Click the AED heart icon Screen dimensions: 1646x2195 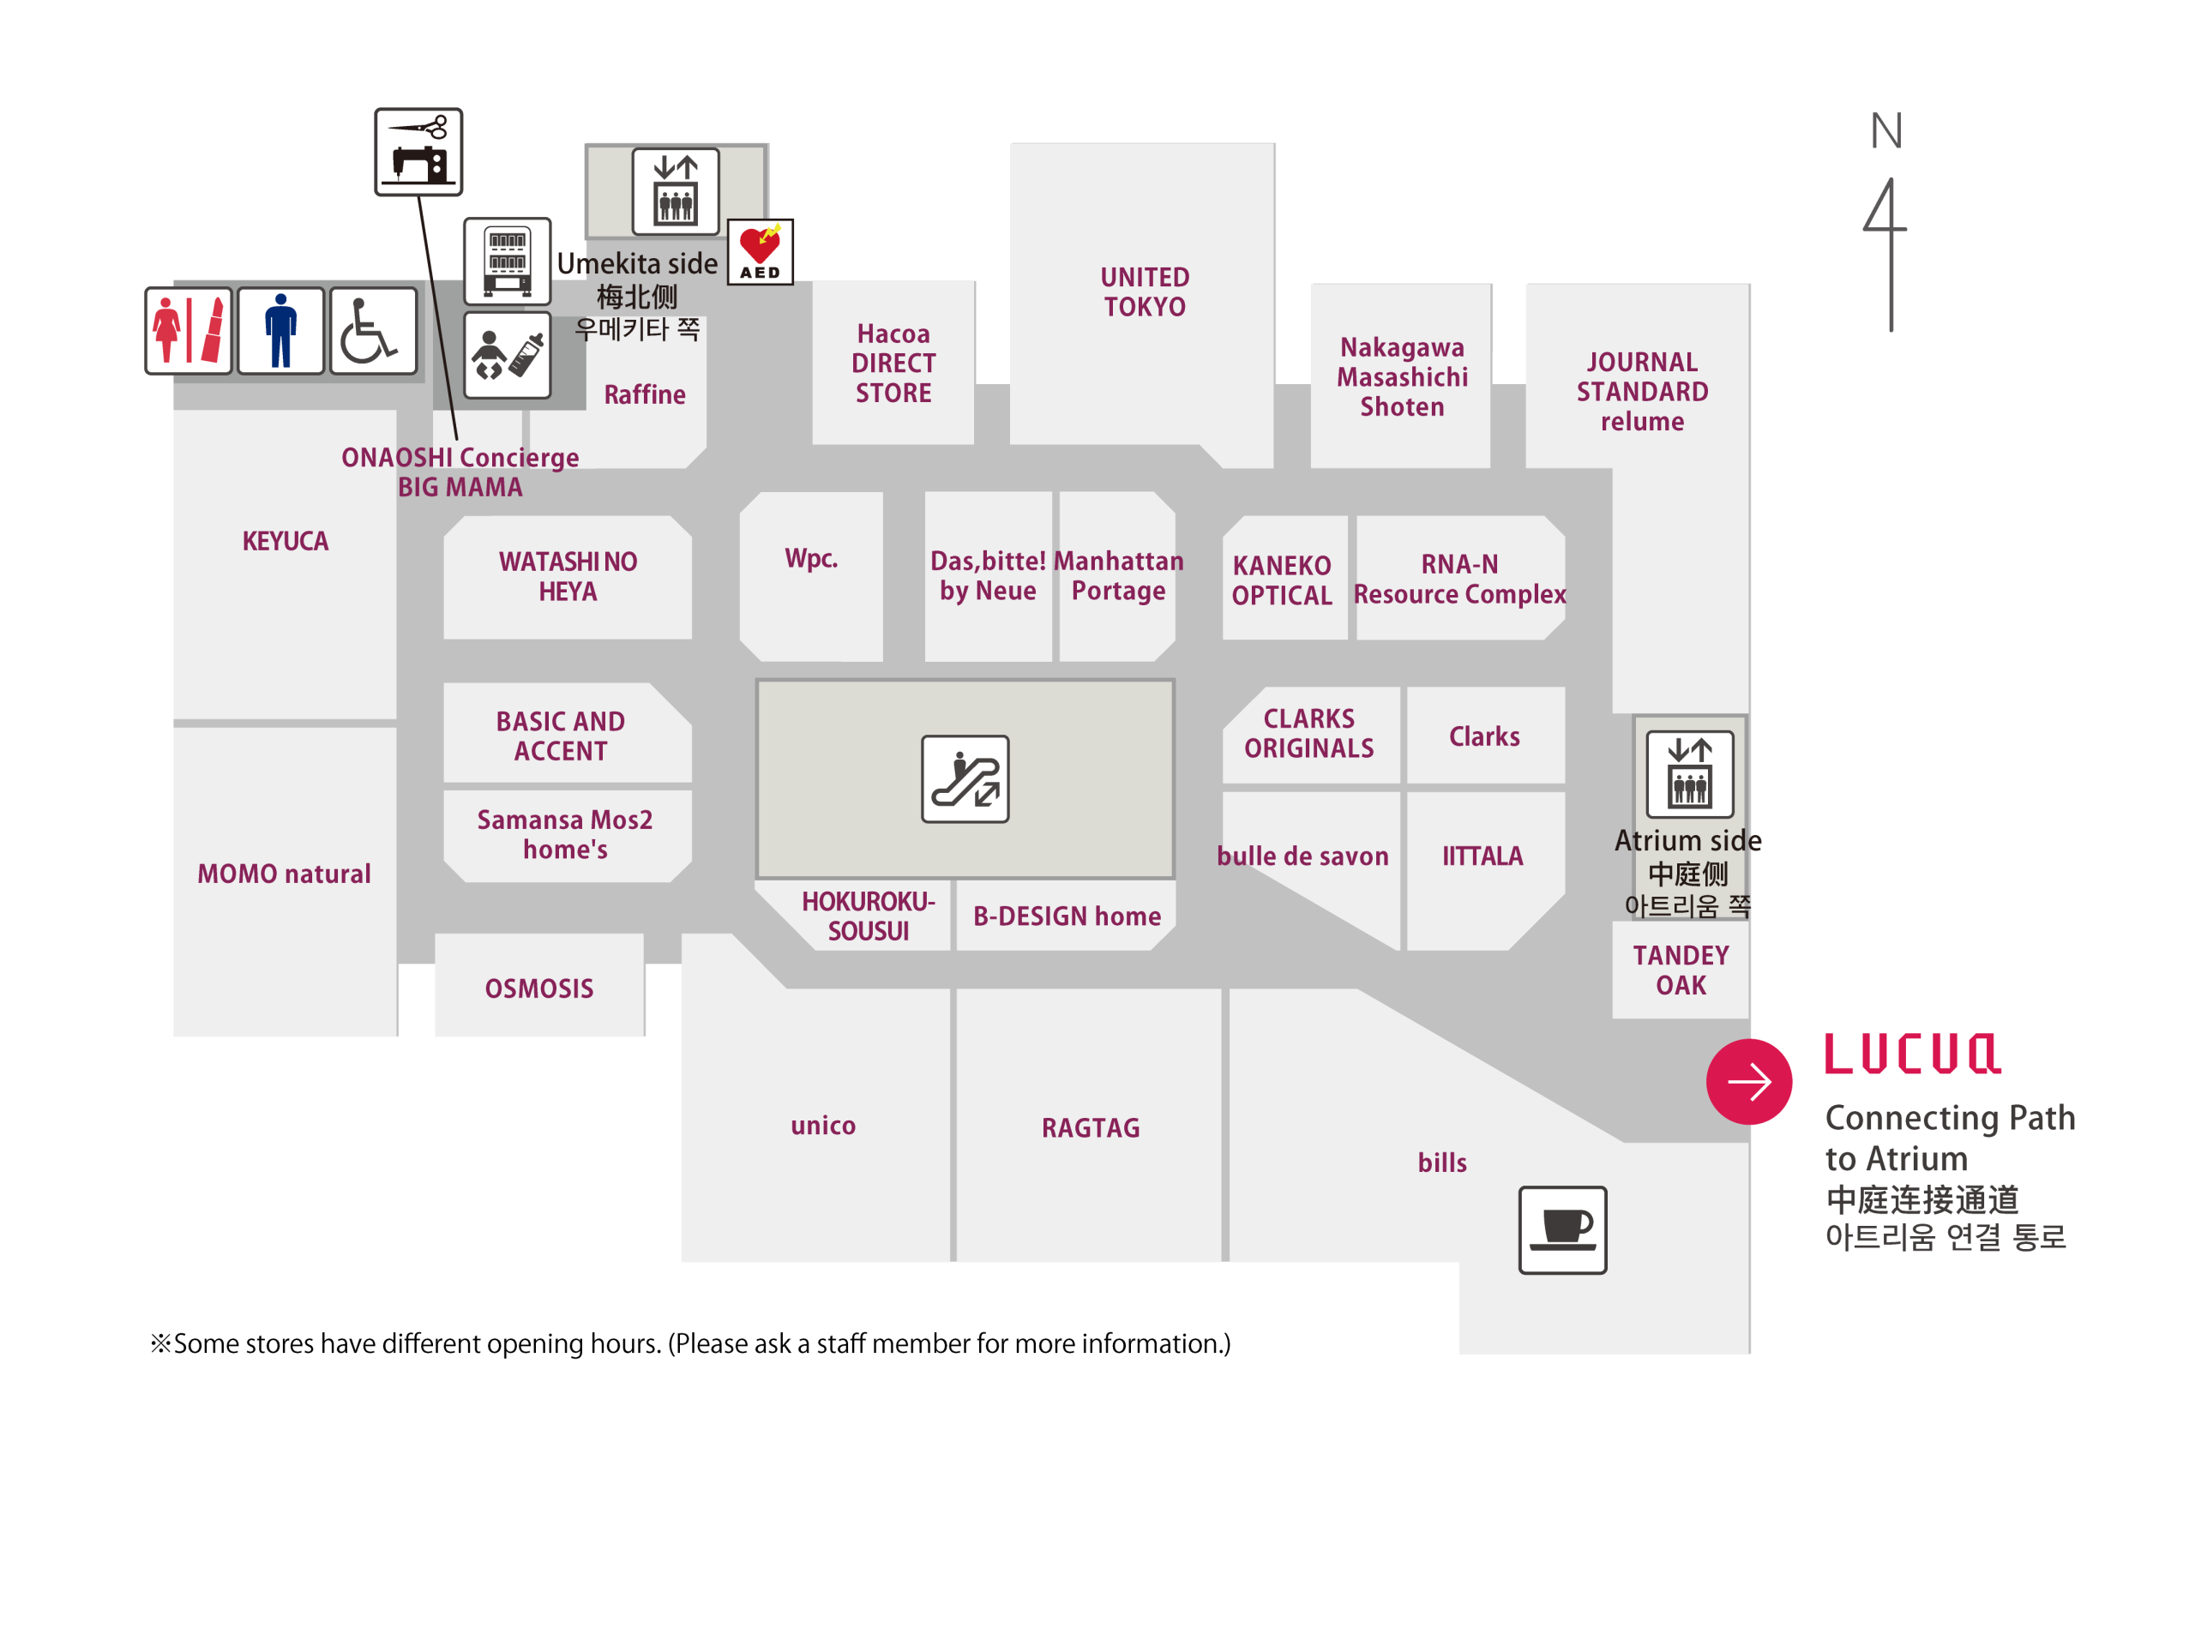[x=761, y=251]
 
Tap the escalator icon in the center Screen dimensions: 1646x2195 [x=965, y=778]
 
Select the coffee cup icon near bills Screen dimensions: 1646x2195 [x=1562, y=1229]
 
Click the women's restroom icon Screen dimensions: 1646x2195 [x=189, y=330]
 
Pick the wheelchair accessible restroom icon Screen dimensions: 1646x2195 [x=373, y=330]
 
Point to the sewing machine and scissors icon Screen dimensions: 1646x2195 [x=418, y=151]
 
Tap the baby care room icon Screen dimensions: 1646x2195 [x=507, y=355]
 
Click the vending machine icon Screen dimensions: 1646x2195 [x=507, y=261]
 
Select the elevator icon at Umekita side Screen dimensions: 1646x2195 [x=676, y=190]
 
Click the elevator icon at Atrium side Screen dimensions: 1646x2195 [x=1689, y=773]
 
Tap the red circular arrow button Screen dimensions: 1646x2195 [x=1748, y=1081]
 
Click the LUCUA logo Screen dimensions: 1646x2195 [x=1911, y=1054]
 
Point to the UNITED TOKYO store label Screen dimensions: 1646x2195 [x=1144, y=291]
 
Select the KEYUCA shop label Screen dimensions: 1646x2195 [x=285, y=541]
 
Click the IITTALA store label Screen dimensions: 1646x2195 [x=1482, y=856]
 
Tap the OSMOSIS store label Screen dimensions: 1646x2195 [x=538, y=988]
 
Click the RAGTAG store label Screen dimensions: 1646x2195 [x=1090, y=1127]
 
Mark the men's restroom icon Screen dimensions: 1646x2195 [x=281, y=330]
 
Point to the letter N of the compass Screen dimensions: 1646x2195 [x=1885, y=131]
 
